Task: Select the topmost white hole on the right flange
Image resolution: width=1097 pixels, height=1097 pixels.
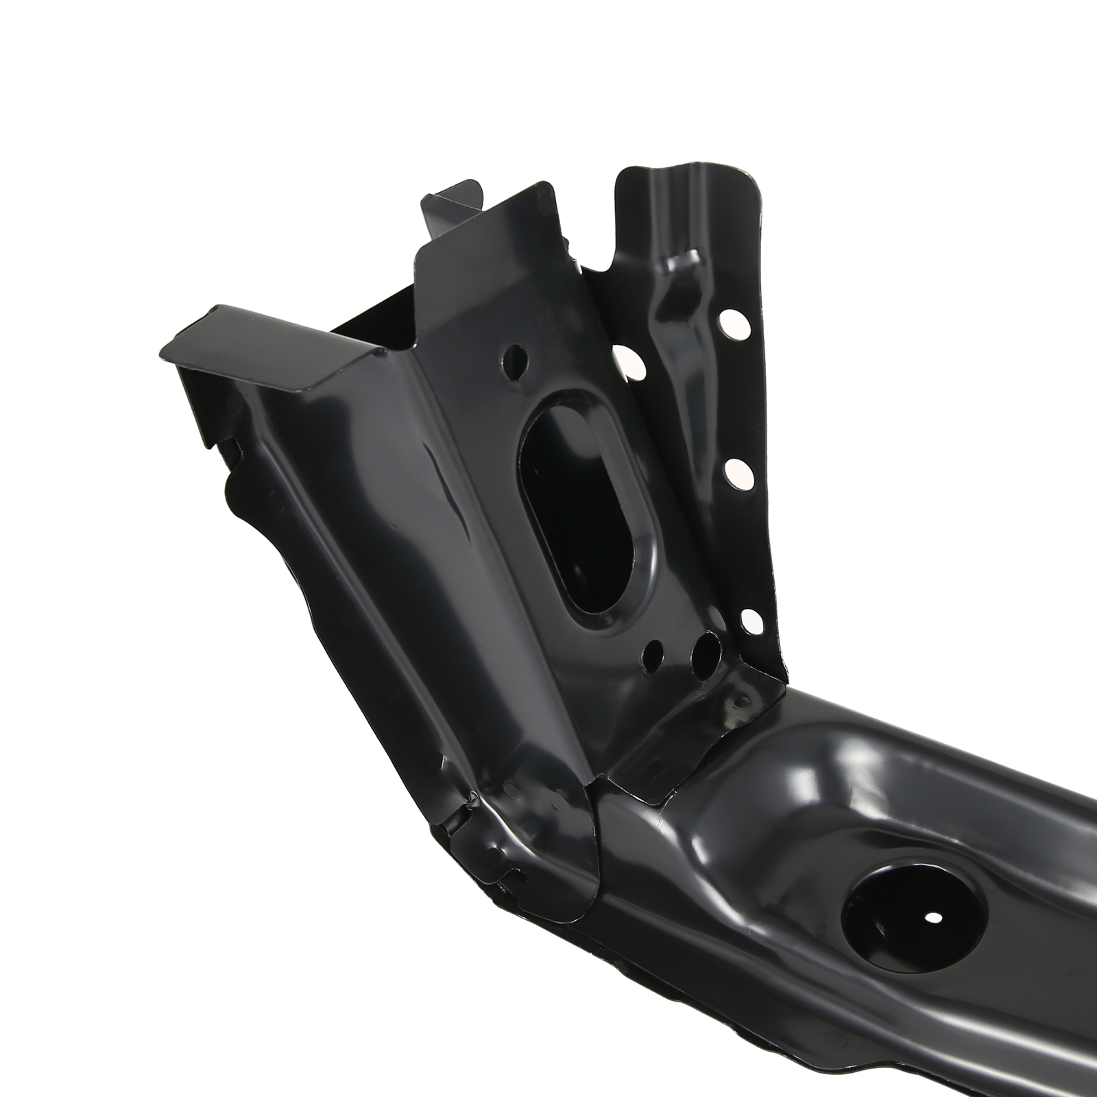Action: (734, 322)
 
